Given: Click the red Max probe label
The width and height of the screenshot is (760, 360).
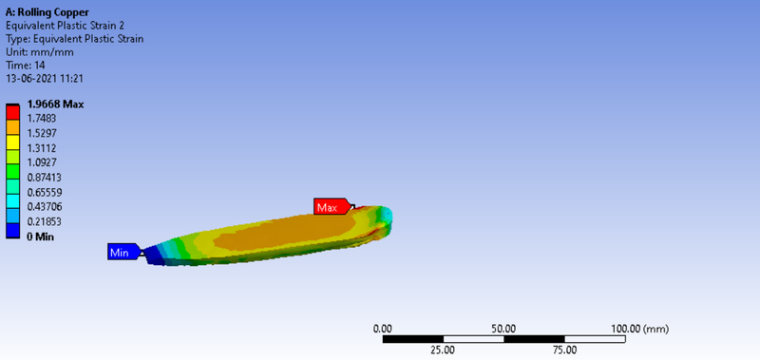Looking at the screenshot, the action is tap(332, 206).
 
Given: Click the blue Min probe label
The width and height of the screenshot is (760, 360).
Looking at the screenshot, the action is tap(124, 252).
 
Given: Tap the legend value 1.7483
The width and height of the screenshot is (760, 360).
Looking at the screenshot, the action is tap(42, 118).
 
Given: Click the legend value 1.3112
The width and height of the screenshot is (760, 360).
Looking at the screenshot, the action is tap(42, 148).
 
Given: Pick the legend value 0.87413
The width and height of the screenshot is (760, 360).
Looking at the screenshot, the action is tap(45, 178).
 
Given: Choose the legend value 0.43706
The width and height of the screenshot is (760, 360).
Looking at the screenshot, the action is tap(45, 207).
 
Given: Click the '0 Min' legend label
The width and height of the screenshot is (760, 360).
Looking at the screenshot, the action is tap(41, 237).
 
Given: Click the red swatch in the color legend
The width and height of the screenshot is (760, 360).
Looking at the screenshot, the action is tap(12, 112).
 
